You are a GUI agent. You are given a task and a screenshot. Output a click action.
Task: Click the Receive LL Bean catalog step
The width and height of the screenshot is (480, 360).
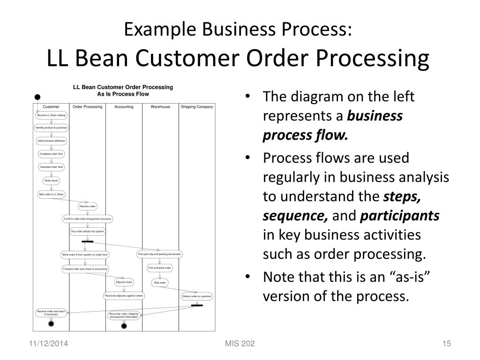(x=51, y=115)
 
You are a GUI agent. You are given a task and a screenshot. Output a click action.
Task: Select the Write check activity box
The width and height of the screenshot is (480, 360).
(x=51, y=180)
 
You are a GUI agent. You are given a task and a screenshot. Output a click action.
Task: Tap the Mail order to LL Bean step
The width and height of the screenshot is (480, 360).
(x=51, y=194)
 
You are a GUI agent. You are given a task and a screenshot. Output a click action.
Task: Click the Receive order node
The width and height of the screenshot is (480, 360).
(x=88, y=206)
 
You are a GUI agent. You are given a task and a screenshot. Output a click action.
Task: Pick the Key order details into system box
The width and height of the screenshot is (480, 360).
(x=88, y=232)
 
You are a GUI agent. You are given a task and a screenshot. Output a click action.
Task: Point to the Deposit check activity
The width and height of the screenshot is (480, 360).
(x=124, y=282)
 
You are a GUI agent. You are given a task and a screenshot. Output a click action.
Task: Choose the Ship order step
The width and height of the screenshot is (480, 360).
(x=160, y=283)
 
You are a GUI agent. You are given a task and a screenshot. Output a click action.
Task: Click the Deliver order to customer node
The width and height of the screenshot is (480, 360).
(x=197, y=297)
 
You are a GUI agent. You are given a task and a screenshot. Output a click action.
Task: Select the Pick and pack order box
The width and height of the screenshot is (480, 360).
(x=160, y=268)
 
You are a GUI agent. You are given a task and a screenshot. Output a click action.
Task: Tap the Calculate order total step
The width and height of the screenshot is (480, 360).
(x=51, y=167)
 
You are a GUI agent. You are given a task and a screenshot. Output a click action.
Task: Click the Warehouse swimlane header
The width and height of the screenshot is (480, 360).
(x=160, y=107)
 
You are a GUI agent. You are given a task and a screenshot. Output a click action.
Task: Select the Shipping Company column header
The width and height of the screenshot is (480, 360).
(x=197, y=107)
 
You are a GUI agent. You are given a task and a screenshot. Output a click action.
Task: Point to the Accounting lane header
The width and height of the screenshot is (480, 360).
(x=124, y=107)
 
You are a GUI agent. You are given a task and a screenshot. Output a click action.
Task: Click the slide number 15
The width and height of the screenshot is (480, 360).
(x=446, y=345)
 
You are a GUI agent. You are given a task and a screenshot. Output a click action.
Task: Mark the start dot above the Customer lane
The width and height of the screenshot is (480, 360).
(x=37, y=97)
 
